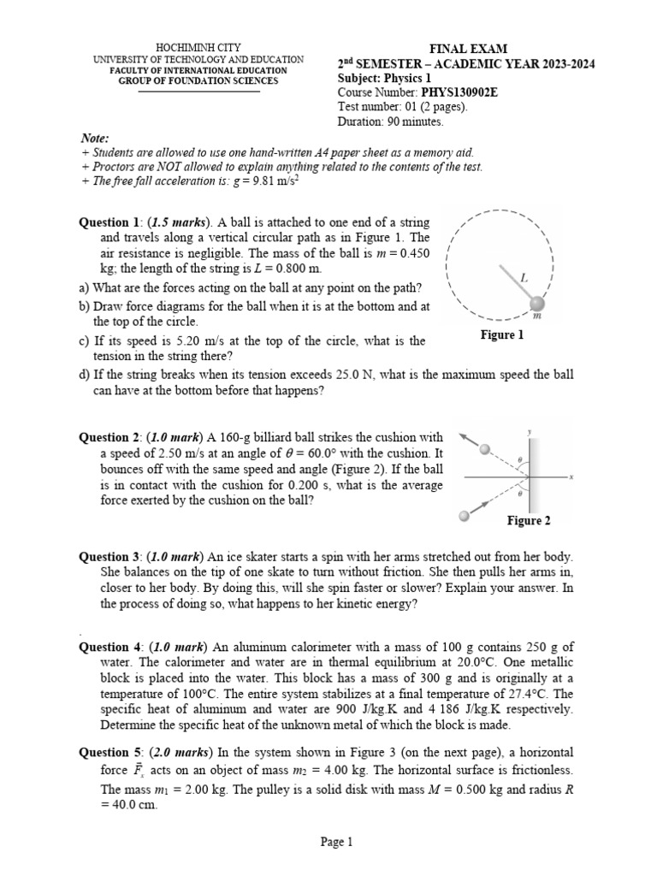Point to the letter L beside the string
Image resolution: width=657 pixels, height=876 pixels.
point(524,277)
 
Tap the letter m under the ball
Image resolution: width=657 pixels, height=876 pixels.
point(536,317)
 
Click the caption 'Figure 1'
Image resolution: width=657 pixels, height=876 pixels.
point(502,335)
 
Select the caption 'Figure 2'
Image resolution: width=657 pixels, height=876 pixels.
point(529,520)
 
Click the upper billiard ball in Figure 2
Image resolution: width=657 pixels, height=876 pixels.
point(485,449)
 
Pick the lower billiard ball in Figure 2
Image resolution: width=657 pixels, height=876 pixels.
point(465,515)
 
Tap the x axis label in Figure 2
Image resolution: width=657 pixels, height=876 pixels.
point(569,476)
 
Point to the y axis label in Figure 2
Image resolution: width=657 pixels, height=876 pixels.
point(530,431)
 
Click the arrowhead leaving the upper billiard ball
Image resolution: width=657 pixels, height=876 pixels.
point(463,436)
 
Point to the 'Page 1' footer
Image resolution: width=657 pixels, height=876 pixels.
point(336,842)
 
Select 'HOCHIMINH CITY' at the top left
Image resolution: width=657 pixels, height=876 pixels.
point(198,47)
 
